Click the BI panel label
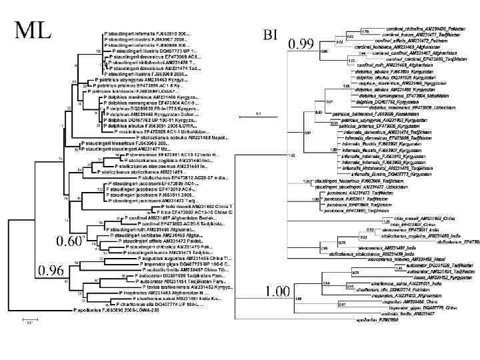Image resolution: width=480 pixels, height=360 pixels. pos(270,33)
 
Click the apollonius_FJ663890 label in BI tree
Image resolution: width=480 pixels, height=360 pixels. pos(373,338)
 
